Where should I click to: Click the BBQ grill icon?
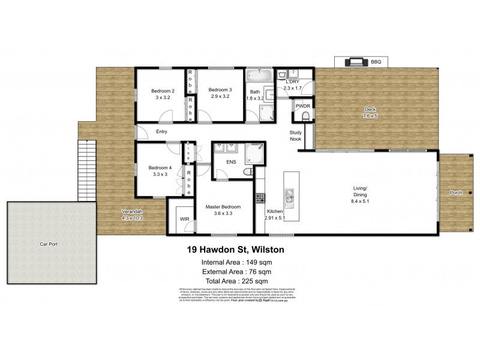353,61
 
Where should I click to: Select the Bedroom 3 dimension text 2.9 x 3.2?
220,97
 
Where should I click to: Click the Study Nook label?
295,136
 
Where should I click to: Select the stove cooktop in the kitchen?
261,197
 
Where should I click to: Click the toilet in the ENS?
248,172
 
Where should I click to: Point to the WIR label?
184,219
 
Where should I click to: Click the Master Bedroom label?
223,207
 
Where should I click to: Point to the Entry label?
161,132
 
